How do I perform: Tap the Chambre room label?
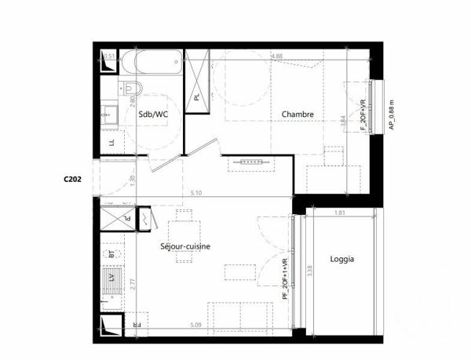[x=298, y=115]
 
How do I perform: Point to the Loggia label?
[x=341, y=259]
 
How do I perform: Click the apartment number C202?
[x=73, y=178]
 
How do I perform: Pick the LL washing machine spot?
[x=111, y=142]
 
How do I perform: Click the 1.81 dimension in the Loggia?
[x=339, y=213]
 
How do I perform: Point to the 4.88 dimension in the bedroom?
[x=276, y=56]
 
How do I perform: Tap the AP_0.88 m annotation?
[x=390, y=114]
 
